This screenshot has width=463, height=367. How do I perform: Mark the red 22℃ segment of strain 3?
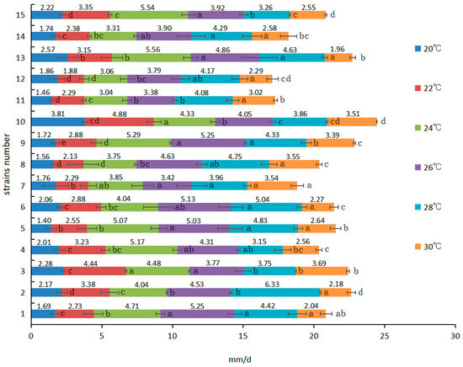click(94, 271)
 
